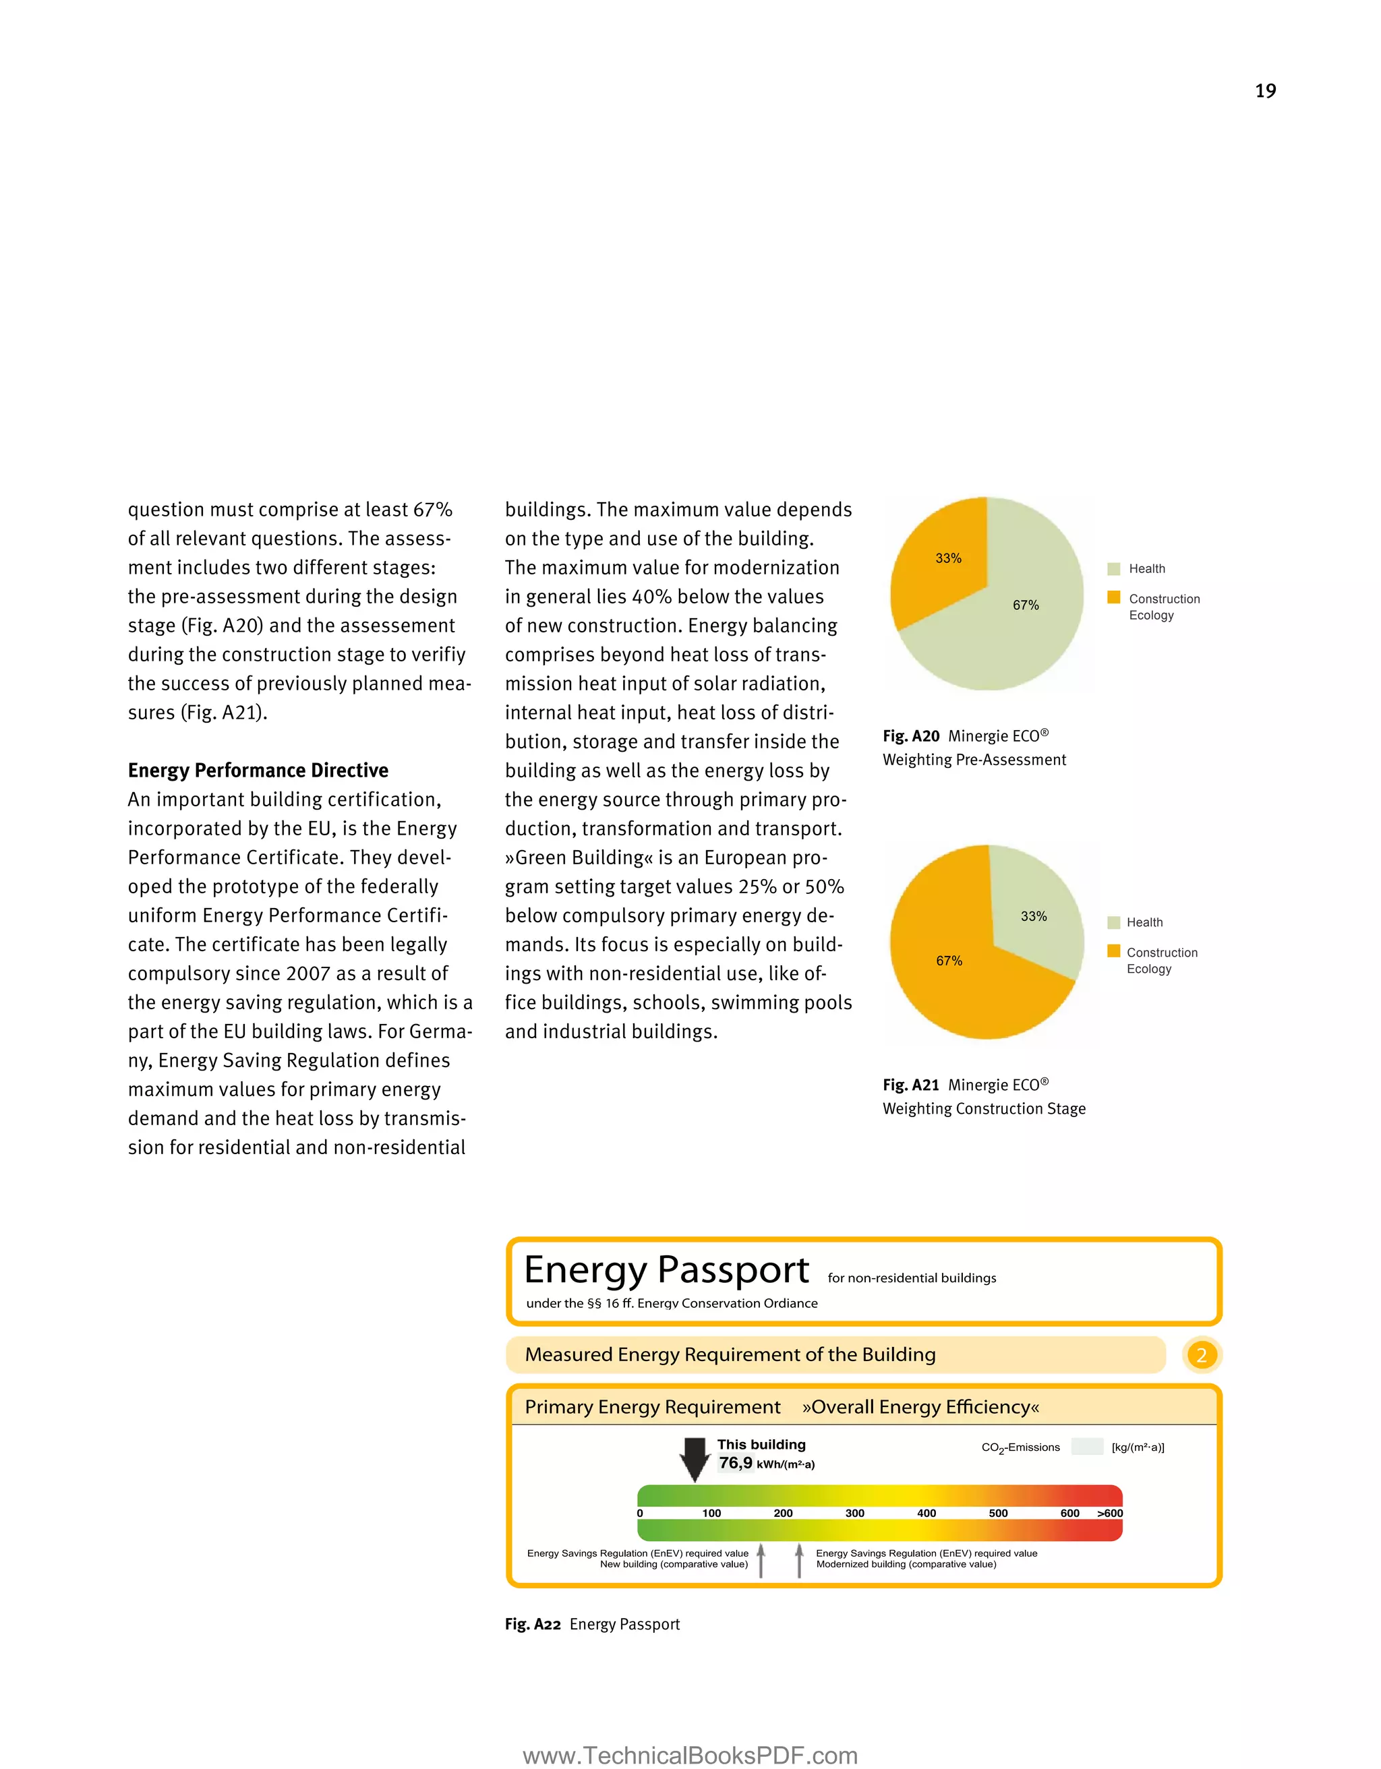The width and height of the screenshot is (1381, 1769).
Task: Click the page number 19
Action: (1265, 91)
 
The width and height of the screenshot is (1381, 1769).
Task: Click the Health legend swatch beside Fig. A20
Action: (1114, 568)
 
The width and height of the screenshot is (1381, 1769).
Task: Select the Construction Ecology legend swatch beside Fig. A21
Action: (1114, 951)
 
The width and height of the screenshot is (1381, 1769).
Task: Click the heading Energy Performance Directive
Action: (258, 771)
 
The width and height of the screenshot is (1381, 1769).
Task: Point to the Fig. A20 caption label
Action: (911, 736)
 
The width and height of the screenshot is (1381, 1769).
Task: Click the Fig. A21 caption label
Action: (911, 1085)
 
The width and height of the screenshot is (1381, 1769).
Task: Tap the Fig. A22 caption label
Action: (532, 1624)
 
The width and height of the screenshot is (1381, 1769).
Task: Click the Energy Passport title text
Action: (666, 1269)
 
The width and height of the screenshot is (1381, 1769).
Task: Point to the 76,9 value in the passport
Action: (736, 1463)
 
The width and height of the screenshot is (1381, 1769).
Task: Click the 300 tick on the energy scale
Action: (854, 1513)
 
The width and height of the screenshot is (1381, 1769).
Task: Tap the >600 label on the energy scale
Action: (1110, 1513)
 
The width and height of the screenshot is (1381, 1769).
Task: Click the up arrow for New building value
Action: (761, 1560)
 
